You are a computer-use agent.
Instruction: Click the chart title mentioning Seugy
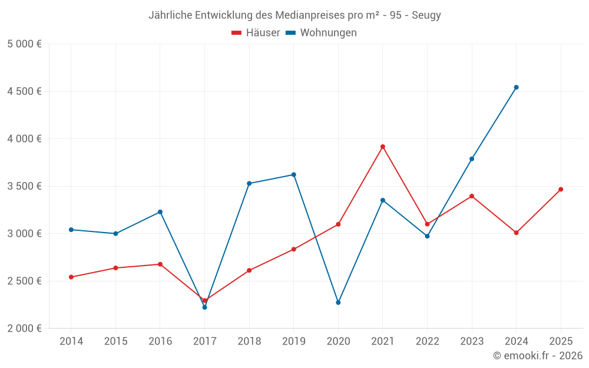pyautogui.click(x=294, y=15)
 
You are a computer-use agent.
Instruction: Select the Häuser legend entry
pyautogui.click(x=256, y=33)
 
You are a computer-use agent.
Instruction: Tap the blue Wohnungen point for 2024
pyautogui.click(x=516, y=87)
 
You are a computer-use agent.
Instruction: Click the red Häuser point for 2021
pyautogui.click(x=383, y=147)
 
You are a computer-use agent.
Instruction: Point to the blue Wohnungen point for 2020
pyautogui.click(x=338, y=303)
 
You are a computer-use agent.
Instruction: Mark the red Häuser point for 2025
pyautogui.click(x=561, y=190)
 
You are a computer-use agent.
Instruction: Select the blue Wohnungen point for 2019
pyautogui.click(x=293, y=175)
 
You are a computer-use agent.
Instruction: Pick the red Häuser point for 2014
pyautogui.click(x=71, y=277)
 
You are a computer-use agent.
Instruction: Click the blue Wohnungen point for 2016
pyautogui.click(x=160, y=212)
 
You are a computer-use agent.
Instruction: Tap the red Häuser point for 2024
pyautogui.click(x=516, y=233)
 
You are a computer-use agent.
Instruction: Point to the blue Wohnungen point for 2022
pyautogui.click(x=427, y=236)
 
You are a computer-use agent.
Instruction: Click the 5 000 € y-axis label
pyautogui.click(x=24, y=44)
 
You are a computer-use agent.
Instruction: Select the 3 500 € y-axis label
pyautogui.click(x=24, y=186)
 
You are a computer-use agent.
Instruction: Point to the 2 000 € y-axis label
pyautogui.click(x=24, y=329)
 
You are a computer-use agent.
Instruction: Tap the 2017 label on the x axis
pyautogui.click(x=204, y=342)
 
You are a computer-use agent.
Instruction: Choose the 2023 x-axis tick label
pyautogui.click(x=472, y=342)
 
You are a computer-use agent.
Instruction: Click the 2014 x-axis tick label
pyautogui.click(x=71, y=342)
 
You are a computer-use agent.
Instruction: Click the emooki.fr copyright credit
pyautogui.click(x=537, y=356)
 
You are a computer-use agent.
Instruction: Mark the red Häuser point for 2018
pyautogui.click(x=249, y=270)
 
